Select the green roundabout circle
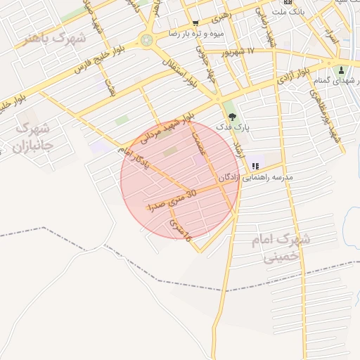click(147, 40)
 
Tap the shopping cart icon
click(195, 22)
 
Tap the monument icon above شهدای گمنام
click(342, 70)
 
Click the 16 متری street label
click(181, 231)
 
